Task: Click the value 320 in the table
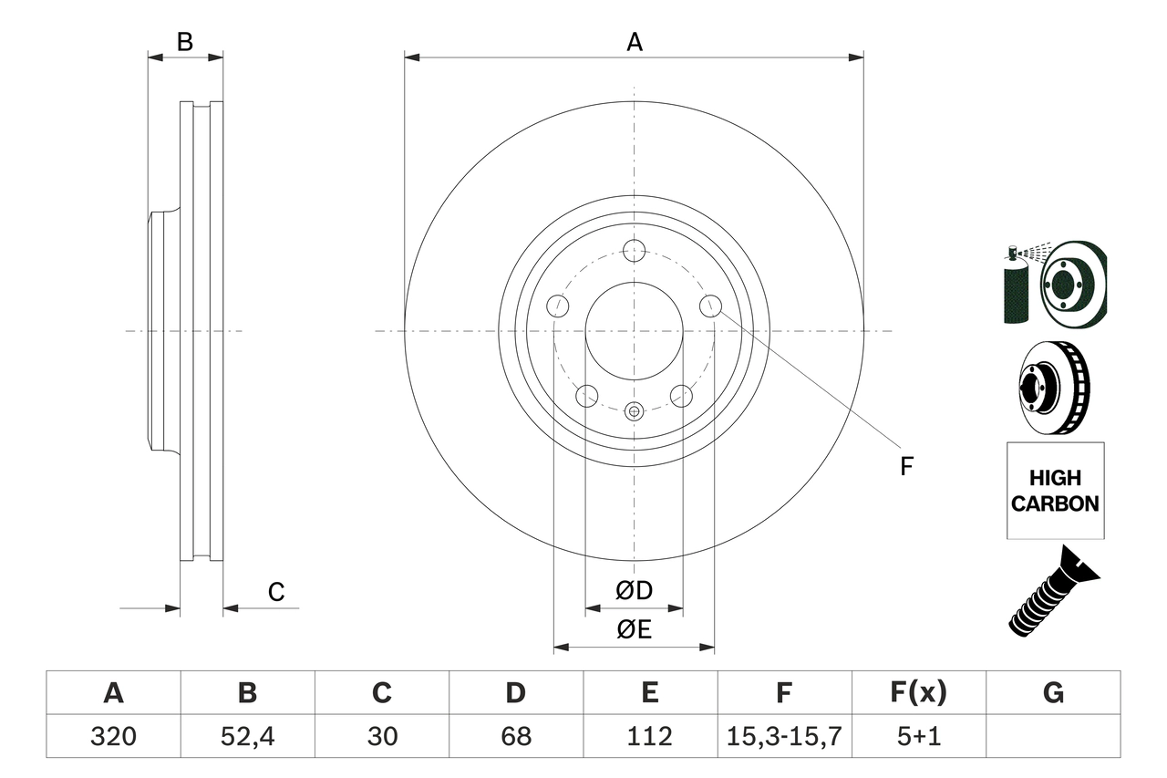113,736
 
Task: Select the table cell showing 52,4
247,736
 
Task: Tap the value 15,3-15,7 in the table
783,736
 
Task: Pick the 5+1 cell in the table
918,736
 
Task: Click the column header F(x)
918,693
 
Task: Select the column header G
1053,693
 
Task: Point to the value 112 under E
649,736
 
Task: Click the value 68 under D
515,736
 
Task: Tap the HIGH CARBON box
1055,491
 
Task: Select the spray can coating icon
1015,285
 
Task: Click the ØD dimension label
634,590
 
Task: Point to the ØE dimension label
634,630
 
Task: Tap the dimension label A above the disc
634,42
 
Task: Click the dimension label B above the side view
185,42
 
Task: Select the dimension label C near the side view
276,592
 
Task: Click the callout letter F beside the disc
905,466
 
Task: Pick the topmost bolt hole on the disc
634,250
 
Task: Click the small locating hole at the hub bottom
635,410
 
